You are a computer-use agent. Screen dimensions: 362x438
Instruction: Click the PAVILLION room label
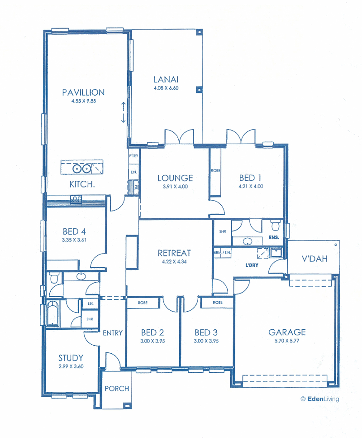coord(83,92)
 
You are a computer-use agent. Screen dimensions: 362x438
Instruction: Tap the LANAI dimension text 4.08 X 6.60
coord(166,88)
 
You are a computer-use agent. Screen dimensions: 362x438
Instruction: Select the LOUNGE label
coord(175,178)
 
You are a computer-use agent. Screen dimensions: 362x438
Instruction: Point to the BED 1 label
coord(250,178)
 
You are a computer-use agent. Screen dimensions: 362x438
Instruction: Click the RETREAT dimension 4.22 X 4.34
coord(175,262)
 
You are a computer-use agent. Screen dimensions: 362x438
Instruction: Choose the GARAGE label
coord(287,332)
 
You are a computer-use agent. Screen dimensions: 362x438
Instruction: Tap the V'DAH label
coord(314,259)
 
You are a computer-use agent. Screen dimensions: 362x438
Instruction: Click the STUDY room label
coord(71,358)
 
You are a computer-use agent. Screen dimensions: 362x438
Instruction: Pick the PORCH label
coord(117,389)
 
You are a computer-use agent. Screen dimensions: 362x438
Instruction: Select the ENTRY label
coord(113,333)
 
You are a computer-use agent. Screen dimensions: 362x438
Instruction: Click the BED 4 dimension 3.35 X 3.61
coord(74,240)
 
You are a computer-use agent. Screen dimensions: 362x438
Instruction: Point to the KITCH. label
coord(82,184)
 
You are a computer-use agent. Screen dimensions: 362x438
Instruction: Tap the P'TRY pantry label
coord(133,156)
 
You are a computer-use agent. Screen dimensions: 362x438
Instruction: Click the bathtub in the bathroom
coord(52,313)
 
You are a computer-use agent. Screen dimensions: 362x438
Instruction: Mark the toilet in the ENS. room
coord(276,225)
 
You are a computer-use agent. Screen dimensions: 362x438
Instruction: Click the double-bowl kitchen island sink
coord(82,168)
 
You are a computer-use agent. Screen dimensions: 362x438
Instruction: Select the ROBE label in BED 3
coord(218,303)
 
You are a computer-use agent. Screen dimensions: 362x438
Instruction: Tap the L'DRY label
coord(252,265)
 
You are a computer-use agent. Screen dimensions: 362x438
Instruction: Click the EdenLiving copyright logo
coord(320,399)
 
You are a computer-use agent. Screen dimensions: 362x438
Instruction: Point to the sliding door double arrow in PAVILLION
coord(123,112)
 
